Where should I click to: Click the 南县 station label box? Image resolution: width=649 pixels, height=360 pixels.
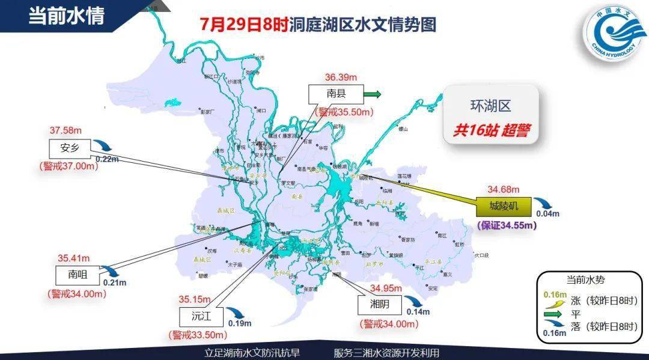pos(336,94)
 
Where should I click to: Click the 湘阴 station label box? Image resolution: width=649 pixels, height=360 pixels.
pos(380,305)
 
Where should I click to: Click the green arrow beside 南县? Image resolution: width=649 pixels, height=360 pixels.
pos(374,94)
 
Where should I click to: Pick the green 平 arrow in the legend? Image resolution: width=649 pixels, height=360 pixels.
pos(553,313)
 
